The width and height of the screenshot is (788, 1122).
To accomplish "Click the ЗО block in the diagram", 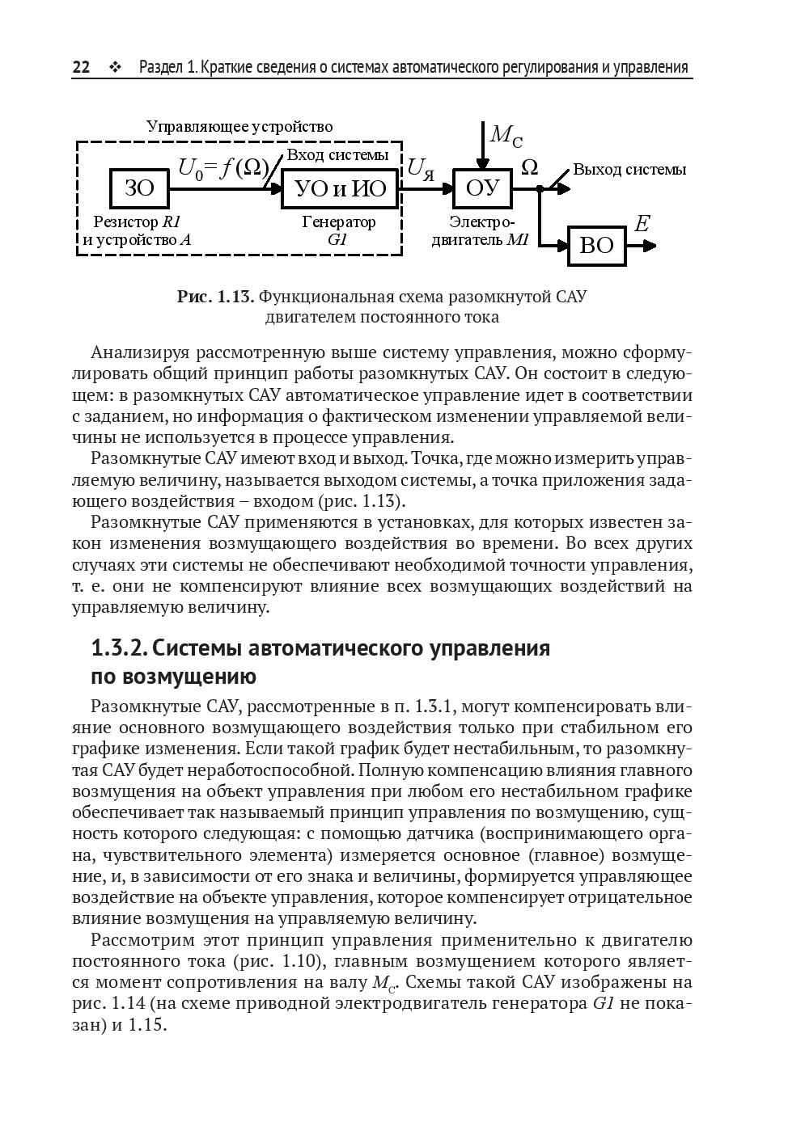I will [x=140, y=188].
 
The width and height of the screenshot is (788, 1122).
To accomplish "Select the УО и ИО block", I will [x=341, y=189].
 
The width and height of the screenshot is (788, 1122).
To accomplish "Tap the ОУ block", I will [x=483, y=189].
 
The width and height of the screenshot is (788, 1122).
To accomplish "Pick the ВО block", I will [x=597, y=246].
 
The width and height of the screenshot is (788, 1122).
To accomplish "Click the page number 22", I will [x=81, y=67].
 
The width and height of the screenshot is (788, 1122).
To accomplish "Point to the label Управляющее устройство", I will [x=239, y=127].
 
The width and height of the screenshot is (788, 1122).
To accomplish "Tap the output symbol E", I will [x=642, y=224].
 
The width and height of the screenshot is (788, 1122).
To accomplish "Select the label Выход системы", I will [x=629, y=170].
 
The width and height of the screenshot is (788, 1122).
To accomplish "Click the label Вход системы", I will [x=338, y=155].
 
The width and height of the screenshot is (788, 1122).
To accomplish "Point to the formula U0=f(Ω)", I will [x=223, y=167].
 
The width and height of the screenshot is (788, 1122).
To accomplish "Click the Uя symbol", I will [x=421, y=168].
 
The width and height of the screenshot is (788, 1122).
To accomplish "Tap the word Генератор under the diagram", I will [x=339, y=221].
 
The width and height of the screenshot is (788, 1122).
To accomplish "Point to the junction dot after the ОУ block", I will [x=540, y=189].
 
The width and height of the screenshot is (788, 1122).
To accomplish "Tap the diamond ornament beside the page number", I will [x=113, y=67].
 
